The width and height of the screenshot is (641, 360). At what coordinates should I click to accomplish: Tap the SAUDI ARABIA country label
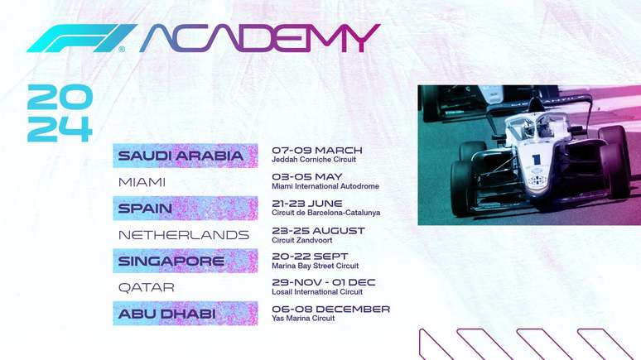point(181,156)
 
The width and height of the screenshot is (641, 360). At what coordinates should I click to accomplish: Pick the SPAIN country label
point(145,208)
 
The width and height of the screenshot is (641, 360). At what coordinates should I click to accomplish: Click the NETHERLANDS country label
point(184,235)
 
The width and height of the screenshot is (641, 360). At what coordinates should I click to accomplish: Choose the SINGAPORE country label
point(171,262)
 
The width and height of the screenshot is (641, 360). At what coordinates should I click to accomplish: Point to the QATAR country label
point(146,288)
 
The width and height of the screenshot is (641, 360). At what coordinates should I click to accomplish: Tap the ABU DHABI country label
point(167,314)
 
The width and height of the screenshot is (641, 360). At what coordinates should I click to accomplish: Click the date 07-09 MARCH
point(317,150)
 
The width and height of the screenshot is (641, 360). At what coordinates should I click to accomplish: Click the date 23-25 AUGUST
point(318,230)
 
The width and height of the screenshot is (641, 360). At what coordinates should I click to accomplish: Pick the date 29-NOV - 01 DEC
point(324,282)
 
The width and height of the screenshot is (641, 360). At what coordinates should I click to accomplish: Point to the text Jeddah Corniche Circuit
point(313,160)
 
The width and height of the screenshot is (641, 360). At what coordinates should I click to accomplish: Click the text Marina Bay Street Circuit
point(316,266)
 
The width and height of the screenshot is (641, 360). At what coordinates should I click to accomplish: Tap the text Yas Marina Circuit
point(303,319)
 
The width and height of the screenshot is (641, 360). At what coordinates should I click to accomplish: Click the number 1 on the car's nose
point(537,160)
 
